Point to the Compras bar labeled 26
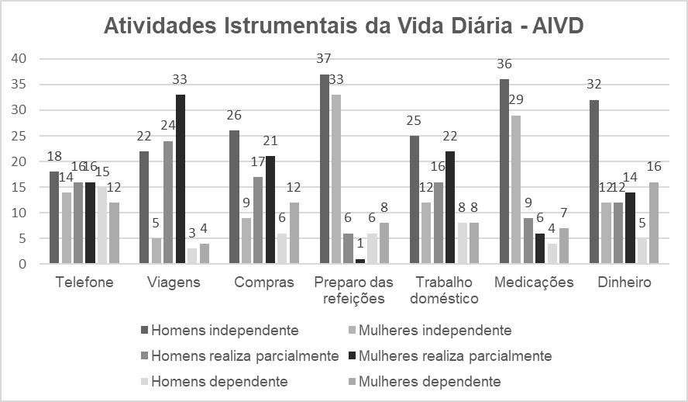[235, 197]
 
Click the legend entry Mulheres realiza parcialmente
[456, 356]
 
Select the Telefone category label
[85, 282]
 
